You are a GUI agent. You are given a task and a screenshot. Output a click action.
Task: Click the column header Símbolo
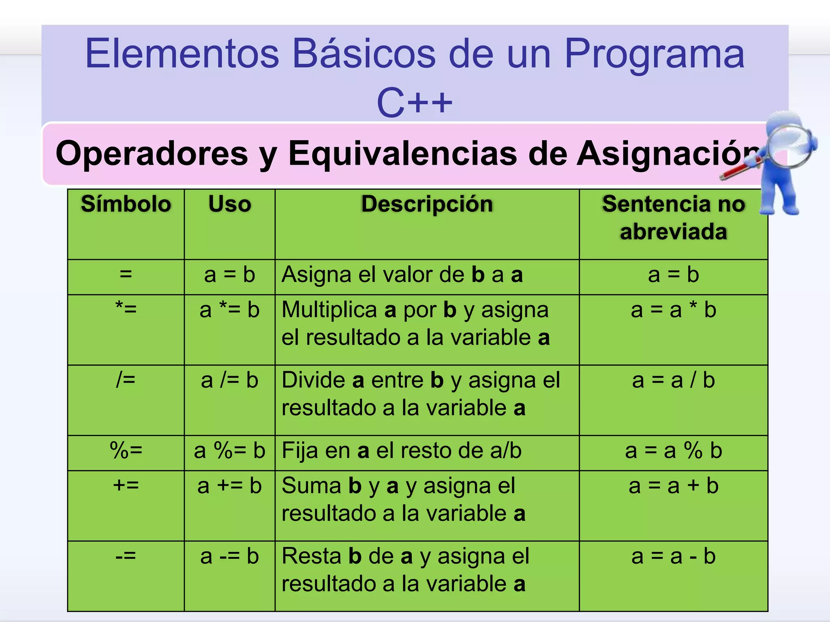(126, 204)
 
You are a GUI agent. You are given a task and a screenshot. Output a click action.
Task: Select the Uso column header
(230, 204)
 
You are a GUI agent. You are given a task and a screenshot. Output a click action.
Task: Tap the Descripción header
(427, 204)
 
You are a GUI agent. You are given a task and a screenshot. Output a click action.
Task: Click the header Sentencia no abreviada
(673, 218)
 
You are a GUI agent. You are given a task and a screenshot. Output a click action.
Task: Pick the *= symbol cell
(126, 310)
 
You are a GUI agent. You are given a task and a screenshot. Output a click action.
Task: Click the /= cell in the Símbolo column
(126, 380)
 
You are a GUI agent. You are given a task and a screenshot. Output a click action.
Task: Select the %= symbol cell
(126, 451)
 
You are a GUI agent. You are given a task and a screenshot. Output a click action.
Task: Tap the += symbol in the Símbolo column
(126, 486)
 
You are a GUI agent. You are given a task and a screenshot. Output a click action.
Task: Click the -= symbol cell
(126, 556)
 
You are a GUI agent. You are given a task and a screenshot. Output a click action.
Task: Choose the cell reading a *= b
(230, 310)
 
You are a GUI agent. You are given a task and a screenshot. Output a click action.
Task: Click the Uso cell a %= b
(230, 451)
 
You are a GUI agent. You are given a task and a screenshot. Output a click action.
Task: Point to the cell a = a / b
(673, 381)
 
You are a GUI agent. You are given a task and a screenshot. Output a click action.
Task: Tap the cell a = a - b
(673, 556)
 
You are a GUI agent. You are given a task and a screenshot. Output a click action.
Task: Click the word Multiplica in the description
(329, 310)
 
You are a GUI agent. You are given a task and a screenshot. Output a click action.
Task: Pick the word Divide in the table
(313, 381)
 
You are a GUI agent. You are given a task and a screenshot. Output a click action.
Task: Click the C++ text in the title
(415, 103)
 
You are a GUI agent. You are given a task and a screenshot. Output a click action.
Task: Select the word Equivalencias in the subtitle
(402, 153)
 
